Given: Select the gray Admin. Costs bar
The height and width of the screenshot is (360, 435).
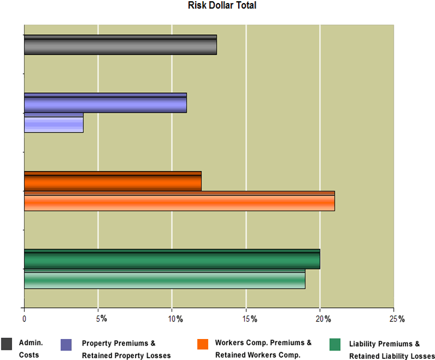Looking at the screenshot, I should [120, 45].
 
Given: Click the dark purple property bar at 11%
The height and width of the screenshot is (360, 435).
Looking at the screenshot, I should [105, 103].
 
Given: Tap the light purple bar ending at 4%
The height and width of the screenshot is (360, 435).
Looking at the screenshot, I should [53, 122].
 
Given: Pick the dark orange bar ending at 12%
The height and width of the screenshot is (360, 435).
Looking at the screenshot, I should [112, 181].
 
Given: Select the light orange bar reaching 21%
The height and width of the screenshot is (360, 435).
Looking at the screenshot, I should [179, 201].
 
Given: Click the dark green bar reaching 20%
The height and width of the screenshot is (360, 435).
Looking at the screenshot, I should [172, 259].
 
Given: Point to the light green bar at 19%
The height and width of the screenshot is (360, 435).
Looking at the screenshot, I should [164, 279].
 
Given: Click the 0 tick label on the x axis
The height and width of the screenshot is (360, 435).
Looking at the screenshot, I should [24, 318].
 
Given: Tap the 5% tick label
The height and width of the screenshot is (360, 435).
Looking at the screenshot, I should [100, 318].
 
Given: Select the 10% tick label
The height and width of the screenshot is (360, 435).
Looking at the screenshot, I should [175, 318].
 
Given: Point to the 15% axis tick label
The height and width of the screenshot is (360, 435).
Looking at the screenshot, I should [249, 318].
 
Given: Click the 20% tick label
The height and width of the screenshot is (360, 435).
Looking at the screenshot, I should [323, 318].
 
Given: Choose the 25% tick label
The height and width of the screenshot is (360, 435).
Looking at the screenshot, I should [397, 318].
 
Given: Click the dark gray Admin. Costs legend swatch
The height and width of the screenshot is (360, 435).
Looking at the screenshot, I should [7, 344].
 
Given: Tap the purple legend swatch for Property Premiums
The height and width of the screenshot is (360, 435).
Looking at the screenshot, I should [67, 344].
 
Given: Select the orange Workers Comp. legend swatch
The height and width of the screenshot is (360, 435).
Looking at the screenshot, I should [202, 344].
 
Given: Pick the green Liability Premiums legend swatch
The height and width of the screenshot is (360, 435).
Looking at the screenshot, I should [335, 344].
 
